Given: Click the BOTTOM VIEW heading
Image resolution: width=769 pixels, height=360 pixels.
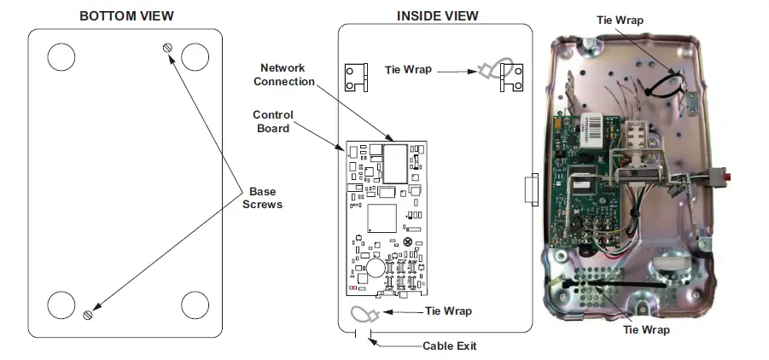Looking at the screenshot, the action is point(126,15).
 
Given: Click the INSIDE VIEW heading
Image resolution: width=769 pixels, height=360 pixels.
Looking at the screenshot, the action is point(438,15).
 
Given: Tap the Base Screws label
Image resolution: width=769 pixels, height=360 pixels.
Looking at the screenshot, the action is point(262,198).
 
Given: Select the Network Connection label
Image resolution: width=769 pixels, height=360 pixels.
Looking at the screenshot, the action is point(284,74).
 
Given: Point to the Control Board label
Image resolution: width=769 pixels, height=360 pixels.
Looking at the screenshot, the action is point(272,121).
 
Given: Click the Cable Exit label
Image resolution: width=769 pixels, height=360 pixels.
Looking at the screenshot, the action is point(450,345).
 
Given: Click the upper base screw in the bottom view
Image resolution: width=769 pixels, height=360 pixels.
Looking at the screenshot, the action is point(168,48).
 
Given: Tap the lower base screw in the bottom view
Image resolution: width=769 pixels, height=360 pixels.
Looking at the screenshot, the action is point(88,315).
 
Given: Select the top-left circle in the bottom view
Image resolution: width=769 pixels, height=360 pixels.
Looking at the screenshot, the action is point(61,57).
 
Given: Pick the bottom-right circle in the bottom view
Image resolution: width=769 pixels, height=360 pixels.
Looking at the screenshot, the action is point(195,305).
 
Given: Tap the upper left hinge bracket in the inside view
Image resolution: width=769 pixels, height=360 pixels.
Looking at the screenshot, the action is point(356,78).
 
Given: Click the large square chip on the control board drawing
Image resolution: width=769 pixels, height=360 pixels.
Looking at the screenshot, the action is point(382,218).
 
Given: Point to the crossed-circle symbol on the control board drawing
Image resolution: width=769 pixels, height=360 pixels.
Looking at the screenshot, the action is point(407,241).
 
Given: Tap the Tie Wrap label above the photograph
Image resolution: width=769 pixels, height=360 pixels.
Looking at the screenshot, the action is point(620,20).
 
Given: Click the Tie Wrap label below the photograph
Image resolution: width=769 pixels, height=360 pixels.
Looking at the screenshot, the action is point(646,329).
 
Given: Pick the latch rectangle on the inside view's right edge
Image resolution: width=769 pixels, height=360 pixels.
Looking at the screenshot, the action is point(532,189).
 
